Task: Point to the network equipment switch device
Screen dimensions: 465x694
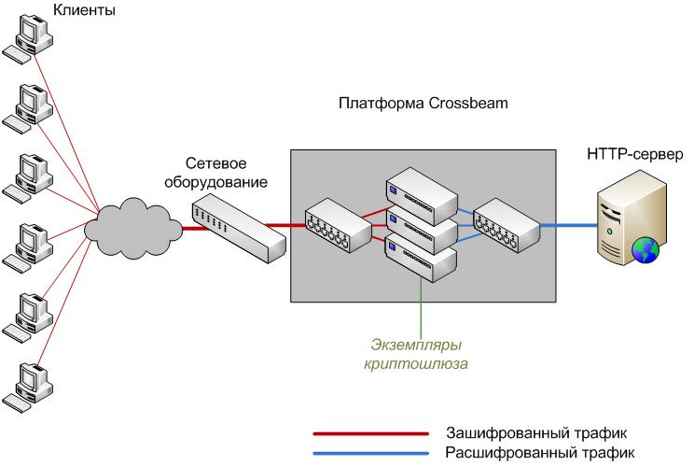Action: [x=237, y=228]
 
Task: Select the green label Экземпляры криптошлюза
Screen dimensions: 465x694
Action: [x=415, y=354]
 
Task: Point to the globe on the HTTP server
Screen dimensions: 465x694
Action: [x=645, y=249]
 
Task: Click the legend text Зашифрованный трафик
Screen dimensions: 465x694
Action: [x=530, y=433]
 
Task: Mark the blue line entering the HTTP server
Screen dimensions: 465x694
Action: [x=569, y=225]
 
